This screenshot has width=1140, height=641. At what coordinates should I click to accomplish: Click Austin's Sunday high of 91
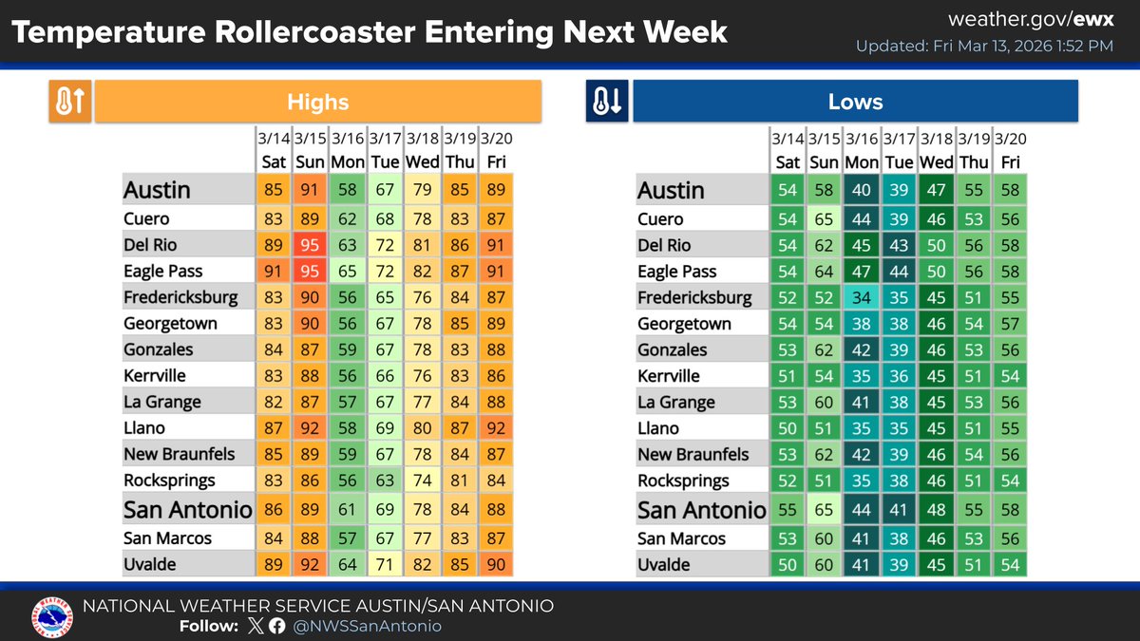[311, 189]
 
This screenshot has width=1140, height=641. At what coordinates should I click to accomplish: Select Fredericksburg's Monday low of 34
[862, 297]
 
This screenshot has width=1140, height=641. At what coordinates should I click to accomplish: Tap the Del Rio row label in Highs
[155, 245]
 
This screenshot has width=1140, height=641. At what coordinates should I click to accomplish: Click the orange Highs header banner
[318, 102]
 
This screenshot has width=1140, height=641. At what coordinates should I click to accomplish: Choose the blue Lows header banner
[855, 102]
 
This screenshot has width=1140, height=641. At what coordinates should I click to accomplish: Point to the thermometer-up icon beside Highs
[70, 103]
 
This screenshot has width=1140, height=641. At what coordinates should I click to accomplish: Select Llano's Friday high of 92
[496, 428]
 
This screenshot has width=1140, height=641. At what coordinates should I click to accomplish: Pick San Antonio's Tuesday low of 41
[898, 510]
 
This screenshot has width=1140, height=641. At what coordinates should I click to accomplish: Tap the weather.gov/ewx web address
[1031, 20]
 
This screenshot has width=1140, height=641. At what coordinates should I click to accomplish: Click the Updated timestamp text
[984, 46]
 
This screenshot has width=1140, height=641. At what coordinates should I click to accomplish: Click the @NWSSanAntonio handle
[368, 626]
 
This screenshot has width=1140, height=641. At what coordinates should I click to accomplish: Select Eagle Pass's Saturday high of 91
[274, 272]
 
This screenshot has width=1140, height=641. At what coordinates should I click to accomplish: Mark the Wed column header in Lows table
[937, 162]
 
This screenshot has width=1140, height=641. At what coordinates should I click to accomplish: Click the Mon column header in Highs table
[348, 162]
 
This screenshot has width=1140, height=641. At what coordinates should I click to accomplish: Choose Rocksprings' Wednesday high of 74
[422, 481]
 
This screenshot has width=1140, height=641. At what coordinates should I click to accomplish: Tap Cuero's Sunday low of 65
[824, 218]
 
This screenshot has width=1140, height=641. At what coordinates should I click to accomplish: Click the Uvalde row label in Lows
[663, 565]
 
